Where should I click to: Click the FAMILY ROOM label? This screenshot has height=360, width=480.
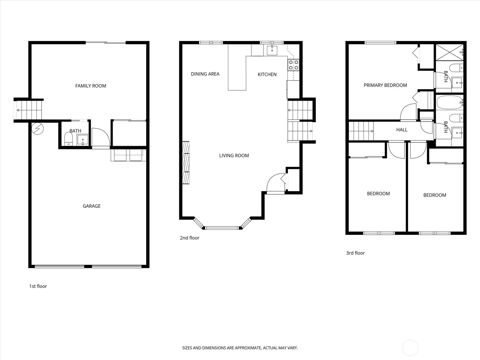coord(91,86)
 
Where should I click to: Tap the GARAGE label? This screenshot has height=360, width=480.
coord(91,206)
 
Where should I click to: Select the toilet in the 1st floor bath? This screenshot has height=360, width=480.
coord(68,139)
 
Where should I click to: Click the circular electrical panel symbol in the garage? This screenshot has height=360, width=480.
coord(37,128)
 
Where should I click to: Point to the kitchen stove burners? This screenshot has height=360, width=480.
coord(293,65)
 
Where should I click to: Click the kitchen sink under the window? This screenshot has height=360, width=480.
coord(272,50)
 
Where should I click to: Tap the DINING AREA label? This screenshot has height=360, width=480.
coord(205,74)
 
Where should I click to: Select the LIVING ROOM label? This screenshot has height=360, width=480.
coord(234,156)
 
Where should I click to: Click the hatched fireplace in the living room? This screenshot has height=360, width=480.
coord(186,163)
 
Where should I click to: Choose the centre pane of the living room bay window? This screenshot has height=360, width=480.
coord(222,228)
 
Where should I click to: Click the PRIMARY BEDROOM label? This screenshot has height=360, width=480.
coord(385,85)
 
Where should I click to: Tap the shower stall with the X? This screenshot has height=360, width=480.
coord(450,52)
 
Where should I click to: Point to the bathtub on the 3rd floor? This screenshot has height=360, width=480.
coord(450,102)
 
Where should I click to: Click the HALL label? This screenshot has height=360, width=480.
coord(402,130)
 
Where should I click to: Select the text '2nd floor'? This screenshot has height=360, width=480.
coord(190,238)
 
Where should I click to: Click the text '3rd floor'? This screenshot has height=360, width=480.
coord(355,253)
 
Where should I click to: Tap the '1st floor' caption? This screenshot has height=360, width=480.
coord(38,286)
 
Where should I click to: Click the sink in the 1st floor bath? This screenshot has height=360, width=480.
coord(83,140)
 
